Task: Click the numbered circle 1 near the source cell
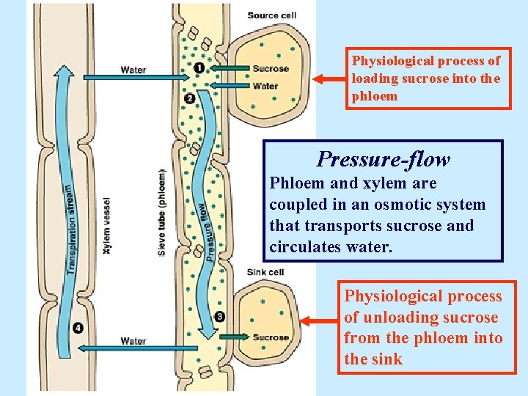tap(199, 68)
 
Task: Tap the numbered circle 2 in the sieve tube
tap(189, 98)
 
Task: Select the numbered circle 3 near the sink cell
tap(220, 317)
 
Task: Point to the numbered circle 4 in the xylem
tap(78, 327)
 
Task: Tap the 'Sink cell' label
tap(265, 271)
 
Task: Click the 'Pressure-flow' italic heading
tap(384, 159)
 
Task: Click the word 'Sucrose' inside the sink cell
tap(271, 337)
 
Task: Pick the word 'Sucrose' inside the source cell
tap(271, 69)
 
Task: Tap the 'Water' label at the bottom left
tap(133, 340)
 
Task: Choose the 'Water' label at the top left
tap(133, 70)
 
